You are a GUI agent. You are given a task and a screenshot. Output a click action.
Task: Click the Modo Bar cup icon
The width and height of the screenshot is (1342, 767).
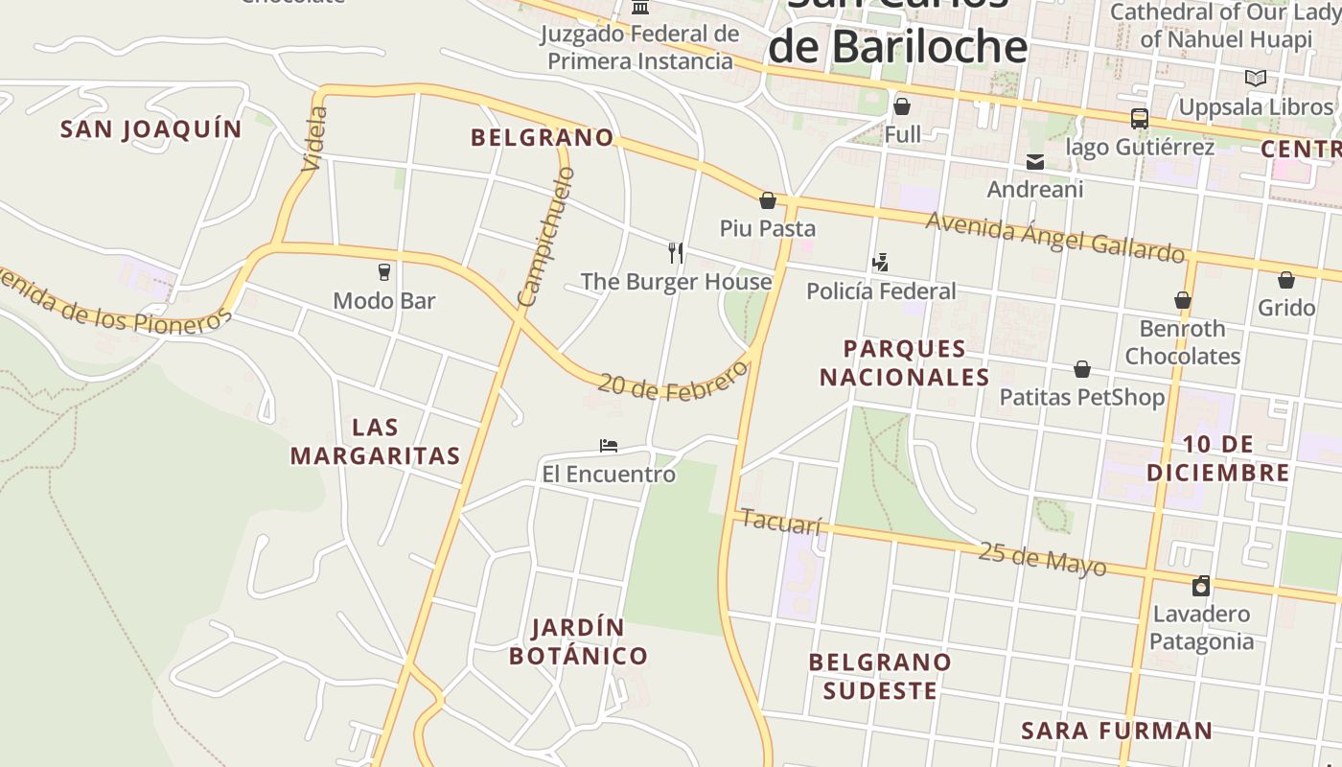pos(384,272)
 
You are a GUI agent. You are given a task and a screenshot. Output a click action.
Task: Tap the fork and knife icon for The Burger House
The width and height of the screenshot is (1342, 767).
pos(676,253)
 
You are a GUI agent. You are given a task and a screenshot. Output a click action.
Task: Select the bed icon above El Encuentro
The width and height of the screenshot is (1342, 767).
pos(608,446)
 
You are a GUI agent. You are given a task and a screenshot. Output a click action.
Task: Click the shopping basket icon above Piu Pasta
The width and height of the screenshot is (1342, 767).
pos(768,200)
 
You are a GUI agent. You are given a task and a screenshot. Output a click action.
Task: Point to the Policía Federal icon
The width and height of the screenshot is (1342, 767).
pos(880,263)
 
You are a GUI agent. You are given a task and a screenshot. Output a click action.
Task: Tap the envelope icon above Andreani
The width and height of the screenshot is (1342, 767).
pos(1035,162)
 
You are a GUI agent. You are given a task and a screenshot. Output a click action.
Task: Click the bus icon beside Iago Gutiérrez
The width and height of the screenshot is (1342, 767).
pos(1139,119)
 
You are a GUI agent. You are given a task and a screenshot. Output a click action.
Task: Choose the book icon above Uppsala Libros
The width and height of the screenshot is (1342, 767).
pos(1255,79)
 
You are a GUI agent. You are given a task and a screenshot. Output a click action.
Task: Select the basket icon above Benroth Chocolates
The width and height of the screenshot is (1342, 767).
pos(1183,301)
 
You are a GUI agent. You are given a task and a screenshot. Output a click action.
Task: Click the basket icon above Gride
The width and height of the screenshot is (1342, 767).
pos(1286,280)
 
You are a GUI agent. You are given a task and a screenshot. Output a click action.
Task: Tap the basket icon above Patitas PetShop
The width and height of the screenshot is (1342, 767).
pos(1082,369)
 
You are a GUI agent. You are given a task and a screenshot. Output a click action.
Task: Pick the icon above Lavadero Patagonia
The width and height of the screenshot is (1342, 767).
pos(1200,586)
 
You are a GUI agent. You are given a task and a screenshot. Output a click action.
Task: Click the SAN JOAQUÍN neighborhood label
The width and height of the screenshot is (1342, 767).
pos(151,128)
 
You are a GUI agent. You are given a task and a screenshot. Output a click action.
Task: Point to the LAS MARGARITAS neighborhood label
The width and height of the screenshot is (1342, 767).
pos(376,441)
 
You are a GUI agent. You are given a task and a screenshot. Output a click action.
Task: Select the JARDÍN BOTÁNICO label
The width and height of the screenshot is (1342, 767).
pos(578,641)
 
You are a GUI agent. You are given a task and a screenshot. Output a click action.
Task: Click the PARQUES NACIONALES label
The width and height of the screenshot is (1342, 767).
pos(904,362)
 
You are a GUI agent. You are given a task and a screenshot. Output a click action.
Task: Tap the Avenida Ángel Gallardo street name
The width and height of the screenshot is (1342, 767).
pos(1054,237)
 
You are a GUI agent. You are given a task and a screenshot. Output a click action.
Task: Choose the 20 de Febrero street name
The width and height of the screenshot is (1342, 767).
pos(672,381)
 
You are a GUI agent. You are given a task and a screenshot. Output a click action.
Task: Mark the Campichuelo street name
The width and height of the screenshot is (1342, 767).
pos(545,237)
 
